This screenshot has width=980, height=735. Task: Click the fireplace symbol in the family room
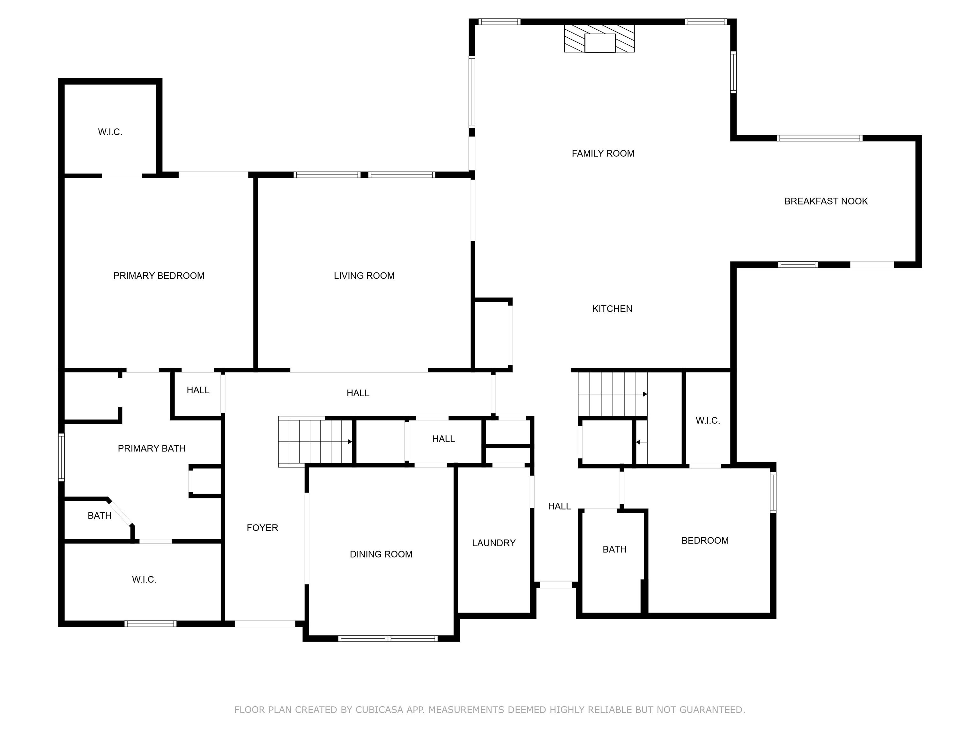pos(599,39)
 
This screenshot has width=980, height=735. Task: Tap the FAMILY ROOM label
pos(603,153)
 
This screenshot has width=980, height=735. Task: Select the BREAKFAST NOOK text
pos(826,201)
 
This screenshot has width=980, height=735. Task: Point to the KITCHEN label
pos(612,309)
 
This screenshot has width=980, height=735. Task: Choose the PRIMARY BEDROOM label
pos(159,276)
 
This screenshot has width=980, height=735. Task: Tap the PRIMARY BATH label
pos(152,448)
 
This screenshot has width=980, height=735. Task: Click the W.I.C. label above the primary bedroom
pos(110,132)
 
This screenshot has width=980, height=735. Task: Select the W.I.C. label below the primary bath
pos(144,580)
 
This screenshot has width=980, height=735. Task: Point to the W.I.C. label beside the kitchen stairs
pos(708,420)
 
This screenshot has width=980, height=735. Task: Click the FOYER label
pos(262,528)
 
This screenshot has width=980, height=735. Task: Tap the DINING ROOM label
pos(381,554)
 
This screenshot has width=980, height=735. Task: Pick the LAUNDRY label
pos(494,543)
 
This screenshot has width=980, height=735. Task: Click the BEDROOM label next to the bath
pos(705,540)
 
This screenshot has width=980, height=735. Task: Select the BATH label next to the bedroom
pos(614,549)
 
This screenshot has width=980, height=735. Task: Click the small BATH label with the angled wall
pos(99,515)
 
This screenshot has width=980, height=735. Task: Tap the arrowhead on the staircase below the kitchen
pos(645,394)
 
